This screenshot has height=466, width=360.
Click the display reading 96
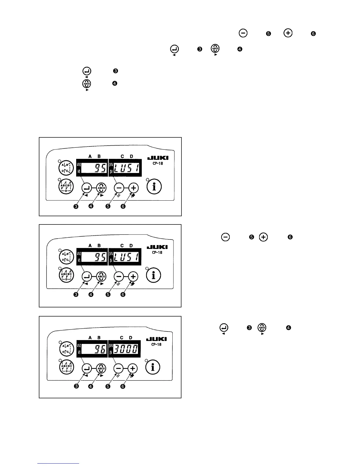click(x=95, y=349)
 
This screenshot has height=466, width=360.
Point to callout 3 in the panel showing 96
click(x=76, y=386)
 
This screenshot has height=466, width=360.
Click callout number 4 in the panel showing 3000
click(x=91, y=386)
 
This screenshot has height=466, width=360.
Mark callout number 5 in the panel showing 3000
click(x=108, y=386)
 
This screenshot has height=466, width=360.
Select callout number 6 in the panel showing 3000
click(x=123, y=386)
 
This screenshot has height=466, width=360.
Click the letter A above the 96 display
click(x=90, y=337)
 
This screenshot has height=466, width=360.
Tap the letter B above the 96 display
click(x=99, y=337)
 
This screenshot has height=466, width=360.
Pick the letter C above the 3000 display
click(x=122, y=337)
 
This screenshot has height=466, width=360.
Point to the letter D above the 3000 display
click(x=131, y=337)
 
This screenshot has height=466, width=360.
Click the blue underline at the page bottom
click(x=58, y=463)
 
